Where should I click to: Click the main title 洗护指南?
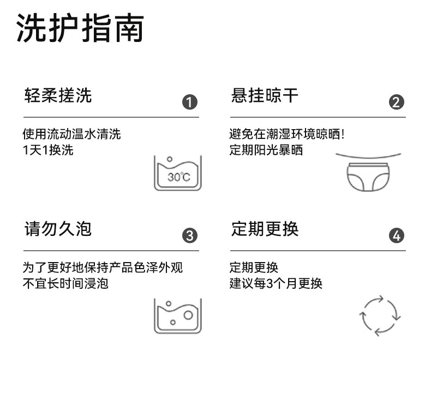click(x=80, y=29)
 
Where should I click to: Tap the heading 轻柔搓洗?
click(x=58, y=96)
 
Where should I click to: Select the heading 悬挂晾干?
click(x=265, y=96)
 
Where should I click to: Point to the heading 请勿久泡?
click(x=58, y=229)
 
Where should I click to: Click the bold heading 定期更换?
click(x=265, y=229)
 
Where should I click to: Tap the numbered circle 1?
click(x=189, y=102)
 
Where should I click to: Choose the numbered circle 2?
click(x=397, y=102)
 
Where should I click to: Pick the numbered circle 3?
click(x=189, y=235)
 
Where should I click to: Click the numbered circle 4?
click(x=397, y=235)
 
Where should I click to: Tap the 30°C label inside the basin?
click(x=178, y=177)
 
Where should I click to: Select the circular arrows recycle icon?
click(x=380, y=315)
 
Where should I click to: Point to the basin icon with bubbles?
click(x=178, y=315)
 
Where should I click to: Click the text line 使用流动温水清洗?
click(x=71, y=134)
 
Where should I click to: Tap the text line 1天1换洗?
click(x=47, y=150)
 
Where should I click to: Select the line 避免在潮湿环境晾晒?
click(x=287, y=134)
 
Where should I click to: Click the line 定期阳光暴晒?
click(x=266, y=150)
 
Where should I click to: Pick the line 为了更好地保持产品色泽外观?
click(x=103, y=268)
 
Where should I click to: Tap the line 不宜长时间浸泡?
click(x=65, y=283)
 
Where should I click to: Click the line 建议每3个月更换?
click(x=276, y=283)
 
